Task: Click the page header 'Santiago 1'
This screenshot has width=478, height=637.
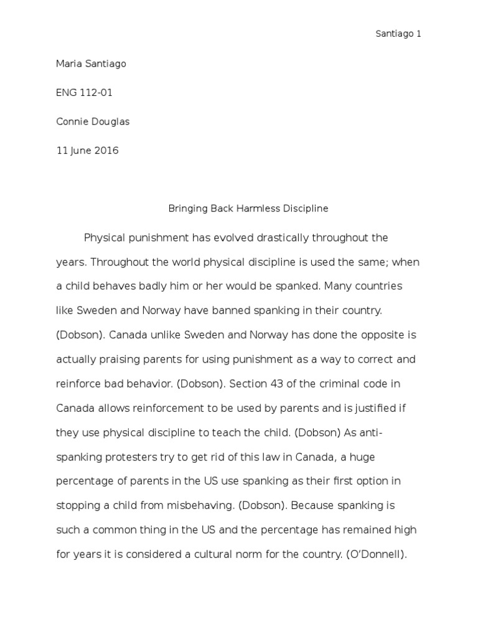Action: tap(398, 34)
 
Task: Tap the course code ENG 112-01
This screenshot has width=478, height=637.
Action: tap(85, 93)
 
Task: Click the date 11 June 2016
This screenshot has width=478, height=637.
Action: tap(87, 151)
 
